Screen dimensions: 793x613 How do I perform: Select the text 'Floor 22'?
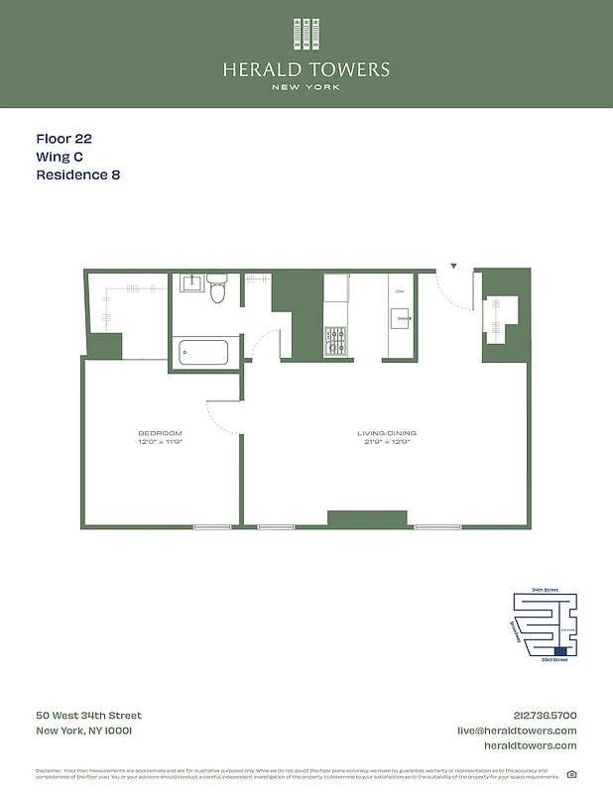64,140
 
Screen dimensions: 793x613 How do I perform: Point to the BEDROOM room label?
160,433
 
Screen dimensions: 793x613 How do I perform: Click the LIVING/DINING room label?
386,433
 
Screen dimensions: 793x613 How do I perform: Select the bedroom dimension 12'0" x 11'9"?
160,442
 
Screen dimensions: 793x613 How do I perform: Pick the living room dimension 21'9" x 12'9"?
386,442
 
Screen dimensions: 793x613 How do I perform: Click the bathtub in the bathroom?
202,353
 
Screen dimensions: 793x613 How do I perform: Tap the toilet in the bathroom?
218,289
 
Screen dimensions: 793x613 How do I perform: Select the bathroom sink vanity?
191,283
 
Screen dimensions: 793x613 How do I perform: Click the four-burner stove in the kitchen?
336,341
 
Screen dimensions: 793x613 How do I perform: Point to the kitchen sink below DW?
401,318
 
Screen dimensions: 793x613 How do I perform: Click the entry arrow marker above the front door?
453,267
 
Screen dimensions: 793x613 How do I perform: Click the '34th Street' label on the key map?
545,590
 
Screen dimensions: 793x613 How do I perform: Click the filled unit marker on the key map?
561,650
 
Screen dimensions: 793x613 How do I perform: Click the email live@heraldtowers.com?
516,731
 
